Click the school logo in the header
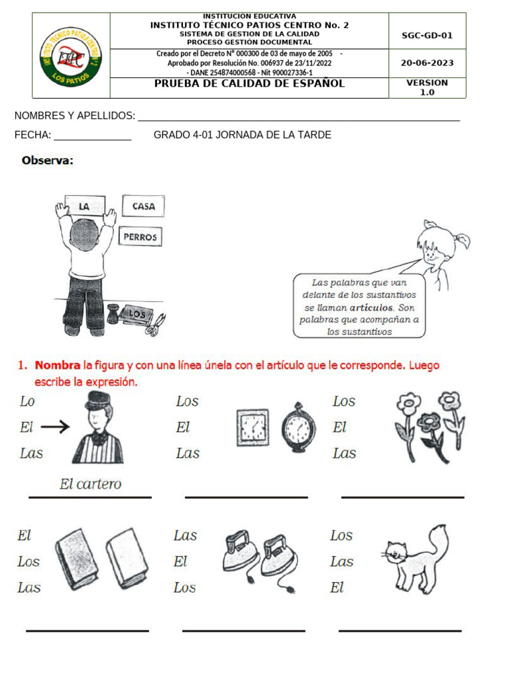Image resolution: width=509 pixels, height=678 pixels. click(71, 56)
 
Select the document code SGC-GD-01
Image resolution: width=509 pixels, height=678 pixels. click(427, 36)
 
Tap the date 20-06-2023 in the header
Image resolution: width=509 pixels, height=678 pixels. click(427, 64)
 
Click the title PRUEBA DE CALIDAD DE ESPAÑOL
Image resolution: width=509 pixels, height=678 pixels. click(249, 84)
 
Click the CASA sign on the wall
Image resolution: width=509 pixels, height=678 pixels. click(143, 207)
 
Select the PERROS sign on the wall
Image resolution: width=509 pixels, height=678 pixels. click(140, 236)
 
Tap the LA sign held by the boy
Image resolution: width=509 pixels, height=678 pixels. click(84, 207)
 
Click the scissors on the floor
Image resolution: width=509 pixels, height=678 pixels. click(156, 324)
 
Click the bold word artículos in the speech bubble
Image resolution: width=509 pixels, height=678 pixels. click(372, 308)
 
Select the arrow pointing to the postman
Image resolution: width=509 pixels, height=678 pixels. click(55, 428)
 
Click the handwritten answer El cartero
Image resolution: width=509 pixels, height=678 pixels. click(91, 484)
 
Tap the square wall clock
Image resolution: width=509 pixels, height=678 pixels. click(253, 426)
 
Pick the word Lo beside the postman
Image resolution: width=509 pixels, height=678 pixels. click(27, 401)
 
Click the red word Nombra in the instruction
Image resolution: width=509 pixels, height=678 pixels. click(57, 365)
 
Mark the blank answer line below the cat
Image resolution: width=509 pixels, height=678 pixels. click(400, 630)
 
